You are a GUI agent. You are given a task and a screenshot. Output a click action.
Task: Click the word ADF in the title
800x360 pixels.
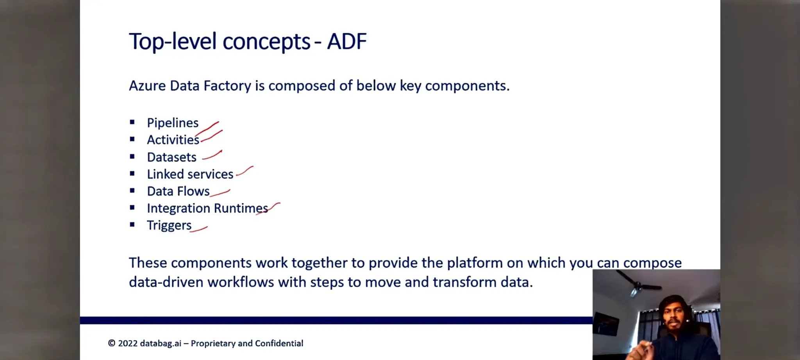(346, 41)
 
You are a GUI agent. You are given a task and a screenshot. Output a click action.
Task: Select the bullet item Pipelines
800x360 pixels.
(173, 123)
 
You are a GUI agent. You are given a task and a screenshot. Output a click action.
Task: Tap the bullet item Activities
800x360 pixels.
(173, 140)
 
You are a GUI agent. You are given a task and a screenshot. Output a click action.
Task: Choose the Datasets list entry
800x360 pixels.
(171, 157)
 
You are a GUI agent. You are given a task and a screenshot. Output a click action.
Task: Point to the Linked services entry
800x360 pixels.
(190, 174)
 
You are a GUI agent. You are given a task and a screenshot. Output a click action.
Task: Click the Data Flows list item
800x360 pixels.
(178, 191)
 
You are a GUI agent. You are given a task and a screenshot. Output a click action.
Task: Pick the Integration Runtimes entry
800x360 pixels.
(207, 209)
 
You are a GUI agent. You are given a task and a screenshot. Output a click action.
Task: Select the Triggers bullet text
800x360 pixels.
(169, 225)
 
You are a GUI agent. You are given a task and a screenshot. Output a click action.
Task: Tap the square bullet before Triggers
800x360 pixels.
(132, 225)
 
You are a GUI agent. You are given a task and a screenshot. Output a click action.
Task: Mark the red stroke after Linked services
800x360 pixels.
(245, 171)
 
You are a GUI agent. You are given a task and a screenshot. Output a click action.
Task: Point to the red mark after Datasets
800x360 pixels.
(212, 155)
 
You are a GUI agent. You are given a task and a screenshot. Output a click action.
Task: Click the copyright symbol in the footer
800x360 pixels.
(112, 344)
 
